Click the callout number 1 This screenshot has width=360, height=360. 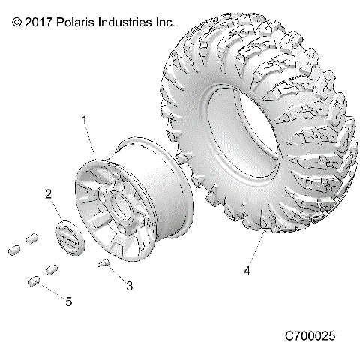point(85,120)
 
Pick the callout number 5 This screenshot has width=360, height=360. point(68,301)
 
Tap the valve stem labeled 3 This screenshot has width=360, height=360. point(106,262)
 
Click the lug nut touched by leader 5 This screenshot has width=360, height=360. point(34,281)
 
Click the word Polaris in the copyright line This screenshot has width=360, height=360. point(78,22)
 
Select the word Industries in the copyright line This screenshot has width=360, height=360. point(128,22)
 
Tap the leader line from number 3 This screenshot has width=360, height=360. point(118,274)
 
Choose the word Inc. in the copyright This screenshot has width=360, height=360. point(166,22)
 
